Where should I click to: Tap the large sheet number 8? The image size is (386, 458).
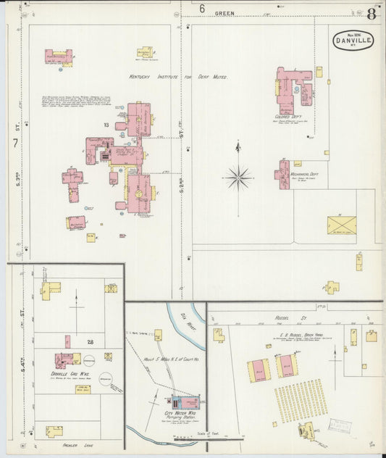pyautogui.click(x=372, y=13)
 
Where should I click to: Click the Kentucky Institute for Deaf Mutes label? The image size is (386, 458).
pyautogui.click(x=177, y=76)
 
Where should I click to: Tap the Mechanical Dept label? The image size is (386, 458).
pyautogui.click(x=303, y=174)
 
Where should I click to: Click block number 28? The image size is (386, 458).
pyautogui.click(x=91, y=341)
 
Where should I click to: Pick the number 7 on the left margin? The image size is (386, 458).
pyautogui.click(x=15, y=143)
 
